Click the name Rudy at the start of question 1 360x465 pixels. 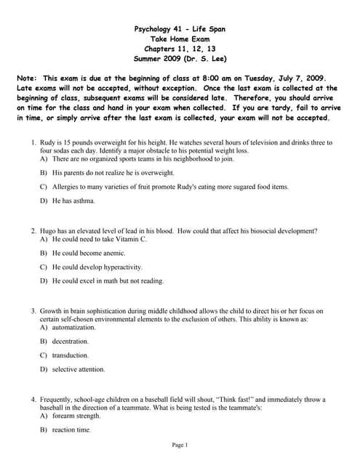pyautogui.click(x=48, y=142)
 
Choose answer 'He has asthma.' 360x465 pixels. pyautogui.click(x=73, y=201)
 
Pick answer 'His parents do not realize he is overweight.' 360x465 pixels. pyautogui.click(x=113, y=173)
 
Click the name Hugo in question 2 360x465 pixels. pyautogui.click(x=49, y=231)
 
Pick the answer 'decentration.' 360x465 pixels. pyautogui.click(x=71, y=341)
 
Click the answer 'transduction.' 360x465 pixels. pyautogui.click(x=71, y=355)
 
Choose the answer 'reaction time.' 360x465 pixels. pyautogui.click(x=71, y=429)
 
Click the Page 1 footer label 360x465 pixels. pyautogui.click(x=180, y=445)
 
